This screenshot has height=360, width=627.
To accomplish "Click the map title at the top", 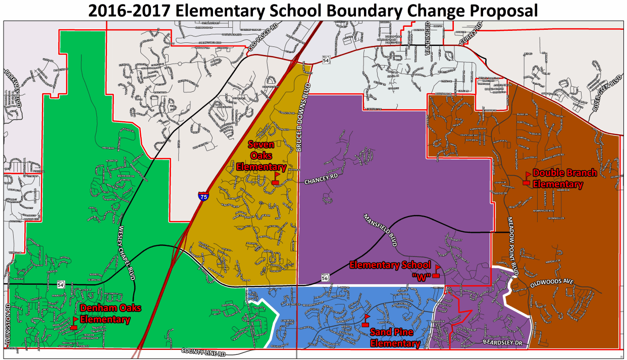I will click(x=313, y=10).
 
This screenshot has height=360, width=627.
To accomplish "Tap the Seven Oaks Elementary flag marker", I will click(x=276, y=178).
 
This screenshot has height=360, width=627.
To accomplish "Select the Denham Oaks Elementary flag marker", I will click(x=74, y=323).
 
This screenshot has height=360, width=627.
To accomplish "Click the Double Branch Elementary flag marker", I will click(x=527, y=178).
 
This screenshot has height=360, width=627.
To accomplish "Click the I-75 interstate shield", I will click(x=202, y=196).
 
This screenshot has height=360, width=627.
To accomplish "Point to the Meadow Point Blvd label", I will click(x=512, y=246).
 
